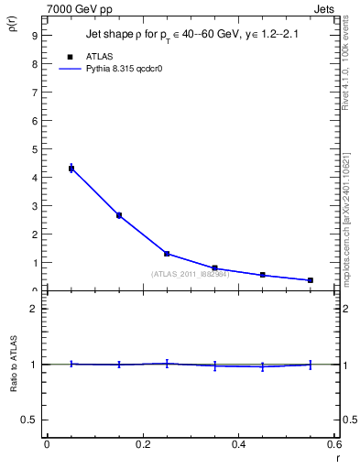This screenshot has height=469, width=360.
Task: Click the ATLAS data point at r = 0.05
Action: tap(71, 169)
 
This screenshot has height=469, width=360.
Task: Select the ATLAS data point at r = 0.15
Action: tap(119, 215)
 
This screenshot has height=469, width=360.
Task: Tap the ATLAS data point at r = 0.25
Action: tap(167, 254)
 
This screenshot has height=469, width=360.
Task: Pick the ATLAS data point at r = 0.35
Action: tap(214, 268)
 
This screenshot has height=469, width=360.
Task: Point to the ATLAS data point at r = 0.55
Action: tap(311, 280)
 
